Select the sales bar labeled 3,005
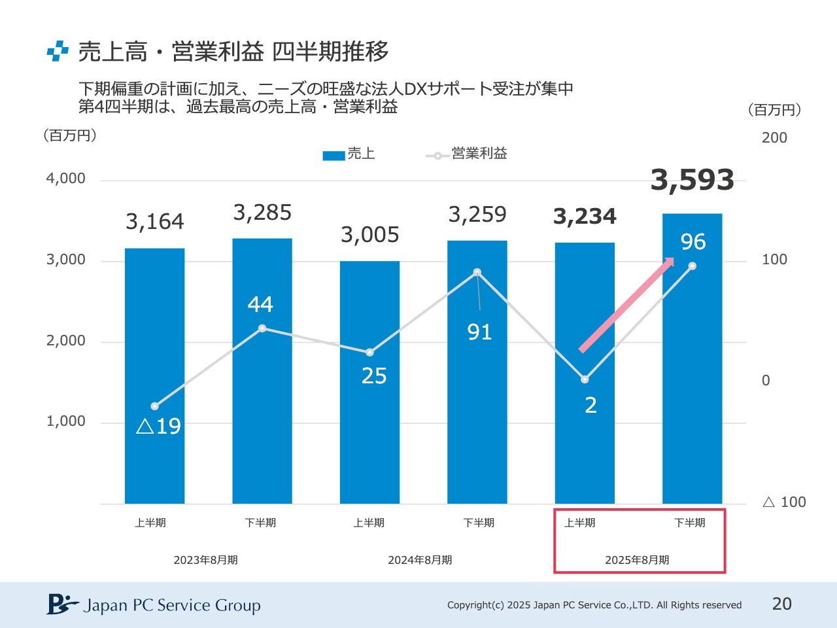click(x=369, y=392)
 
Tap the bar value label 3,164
click(x=155, y=222)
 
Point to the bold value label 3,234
click(x=585, y=217)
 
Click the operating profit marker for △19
click(x=155, y=406)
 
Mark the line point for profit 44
click(x=262, y=328)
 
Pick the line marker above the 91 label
click(x=477, y=272)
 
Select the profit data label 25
click(x=374, y=376)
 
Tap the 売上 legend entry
click(x=349, y=154)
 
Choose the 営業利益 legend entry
click(x=467, y=154)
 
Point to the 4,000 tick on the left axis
click(x=66, y=179)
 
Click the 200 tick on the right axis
click(x=774, y=138)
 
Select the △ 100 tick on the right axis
click(x=784, y=502)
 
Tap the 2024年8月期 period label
click(x=420, y=560)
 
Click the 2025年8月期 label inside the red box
click(x=637, y=560)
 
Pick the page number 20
click(x=782, y=604)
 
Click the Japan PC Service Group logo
click(x=154, y=605)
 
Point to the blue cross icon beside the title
click(x=58, y=51)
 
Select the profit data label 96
click(x=693, y=242)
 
